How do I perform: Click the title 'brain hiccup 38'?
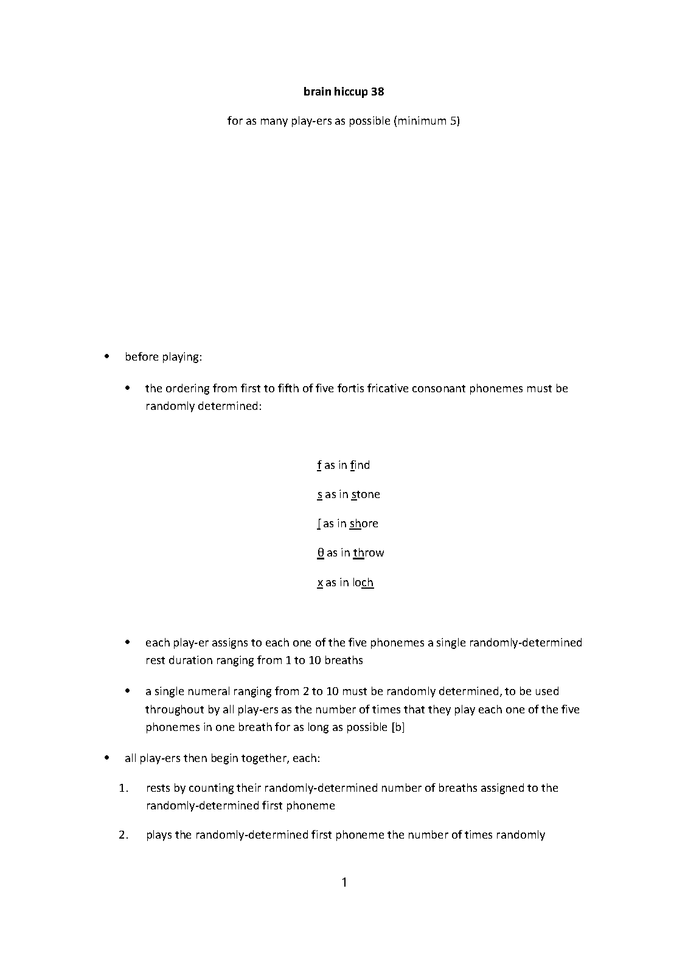[344, 92]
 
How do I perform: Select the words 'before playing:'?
[163, 357]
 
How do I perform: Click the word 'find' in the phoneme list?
[360, 465]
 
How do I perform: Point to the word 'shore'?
[364, 524]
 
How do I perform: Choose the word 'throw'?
[369, 553]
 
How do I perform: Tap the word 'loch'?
[363, 583]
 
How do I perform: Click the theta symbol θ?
[320, 553]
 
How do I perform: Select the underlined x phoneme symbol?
[320, 583]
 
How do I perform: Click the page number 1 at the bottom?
[344, 882]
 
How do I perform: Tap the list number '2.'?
[123, 835]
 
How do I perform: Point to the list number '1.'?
[123, 788]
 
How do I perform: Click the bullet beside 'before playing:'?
[107, 356]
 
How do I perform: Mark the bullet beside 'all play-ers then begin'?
[107, 758]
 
